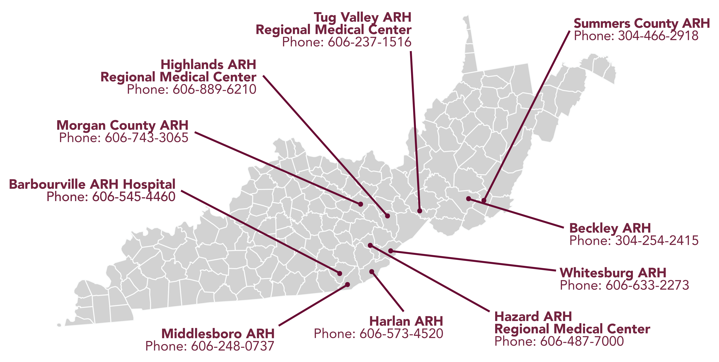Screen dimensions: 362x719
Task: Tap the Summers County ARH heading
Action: coord(641,23)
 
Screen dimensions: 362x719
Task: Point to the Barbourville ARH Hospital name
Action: coord(92,185)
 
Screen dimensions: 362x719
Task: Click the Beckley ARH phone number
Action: coord(634,241)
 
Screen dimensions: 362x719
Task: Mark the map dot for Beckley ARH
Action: coord(469,199)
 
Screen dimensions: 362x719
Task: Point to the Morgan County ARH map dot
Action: coord(361,204)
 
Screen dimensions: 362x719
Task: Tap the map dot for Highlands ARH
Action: coord(387,216)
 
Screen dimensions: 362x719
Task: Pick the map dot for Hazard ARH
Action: coord(370,245)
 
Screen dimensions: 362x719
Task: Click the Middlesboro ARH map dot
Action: coord(348,284)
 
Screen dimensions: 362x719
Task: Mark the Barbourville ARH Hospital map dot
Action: coord(340,274)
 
